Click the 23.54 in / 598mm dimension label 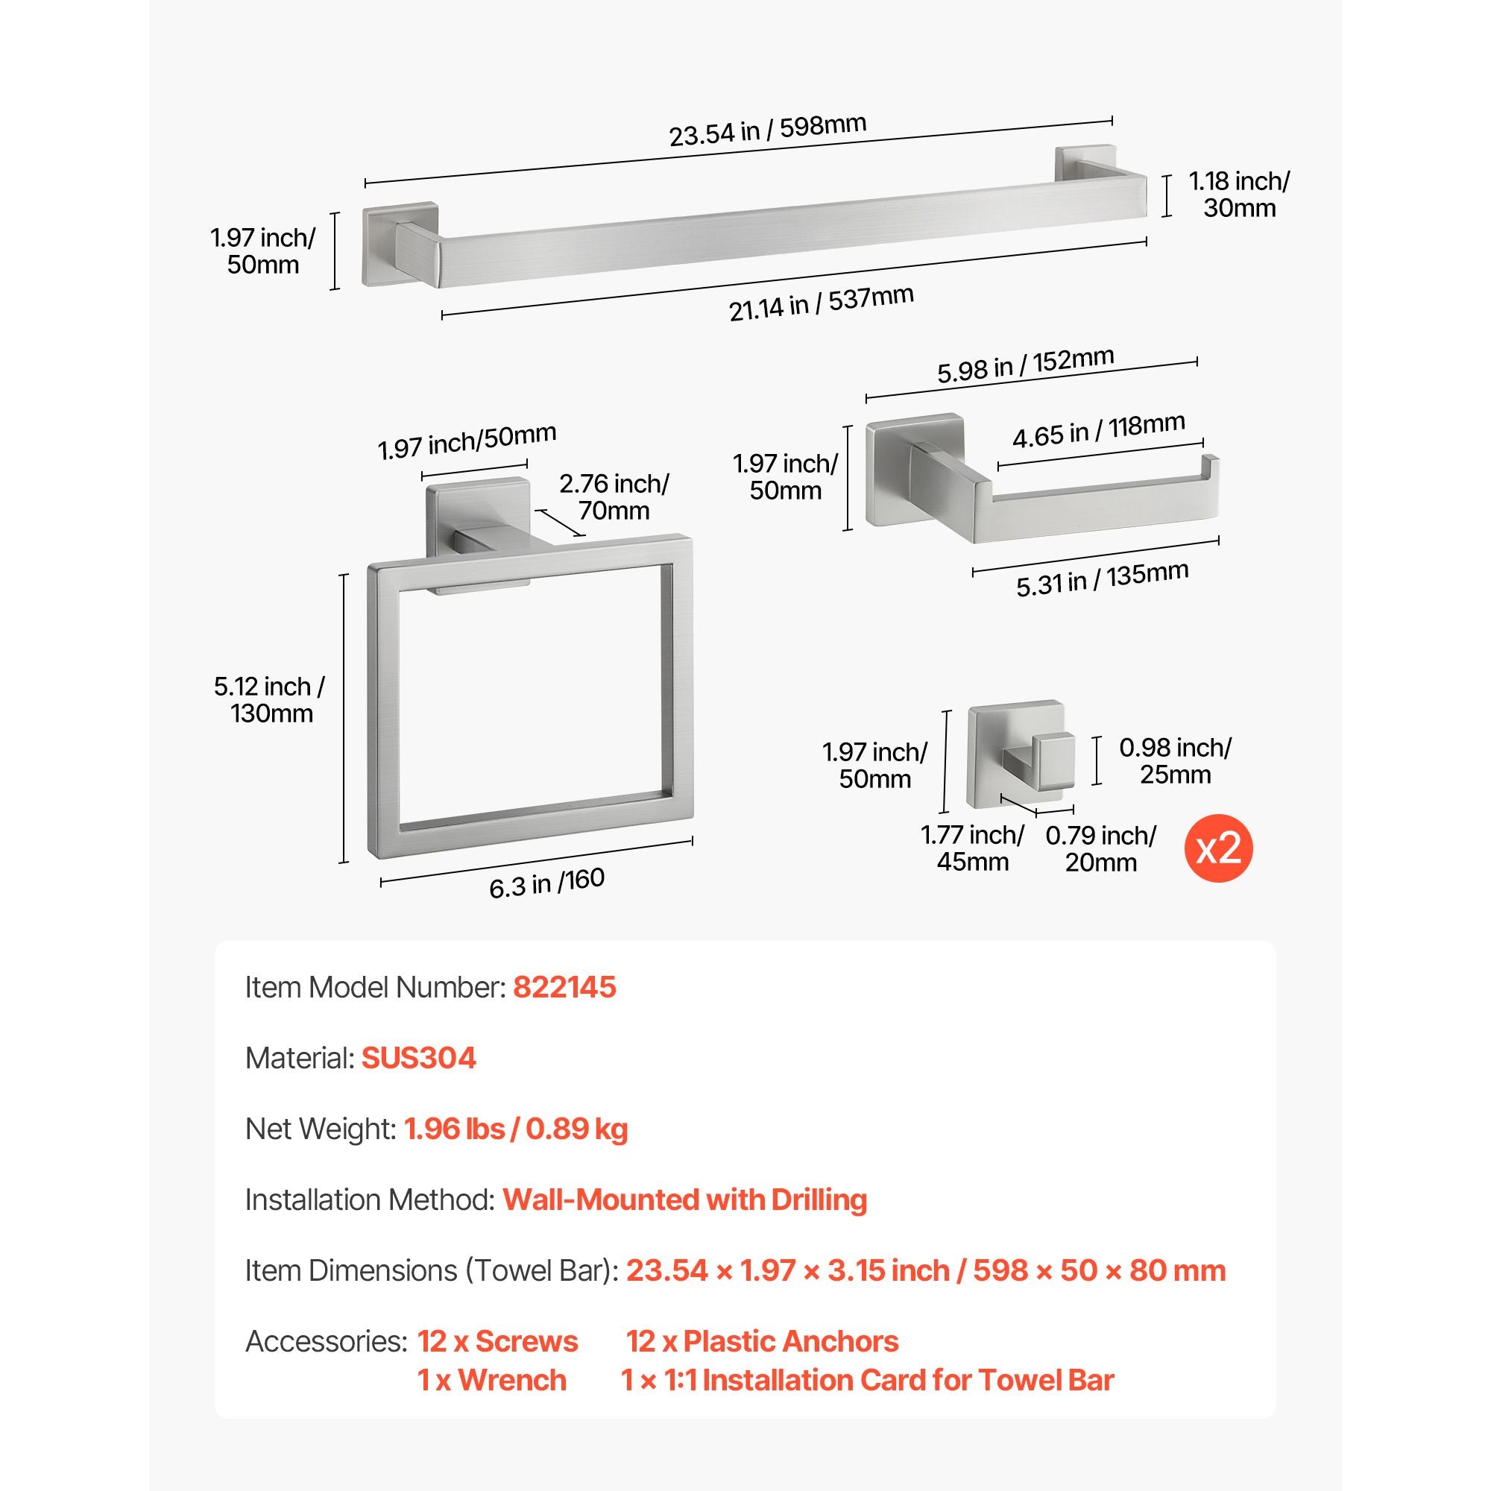pyautogui.click(x=767, y=130)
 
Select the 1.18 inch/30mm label pyautogui.click(x=1238, y=195)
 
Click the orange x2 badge pyautogui.click(x=1219, y=849)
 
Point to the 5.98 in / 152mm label pyautogui.click(x=1026, y=365)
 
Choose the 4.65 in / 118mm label pyautogui.click(x=1099, y=431)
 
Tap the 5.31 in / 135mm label pyautogui.click(x=1102, y=579)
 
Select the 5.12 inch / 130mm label pyautogui.click(x=270, y=700)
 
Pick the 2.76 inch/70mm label pyautogui.click(x=614, y=497)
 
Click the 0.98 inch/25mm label pyautogui.click(x=1176, y=761)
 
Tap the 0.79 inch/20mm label pyautogui.click(x=1101, y=849)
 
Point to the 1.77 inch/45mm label pyautogui.click(x=973, y=848)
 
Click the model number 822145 pyautogui.click(x=565, y=987)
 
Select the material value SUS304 pyautogui.click(x=419, y=1058)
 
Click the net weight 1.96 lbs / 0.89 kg pyautogui.click(x=517, y=1129)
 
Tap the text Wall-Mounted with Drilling pyautogui.click(x=685, y=1200)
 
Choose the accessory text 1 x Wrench pyautogui.click(x=492, y=1381)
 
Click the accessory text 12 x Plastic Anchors pyautogui.click(x=763, y=1342)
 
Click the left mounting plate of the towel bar pyautogui.click(x=400, y=245)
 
